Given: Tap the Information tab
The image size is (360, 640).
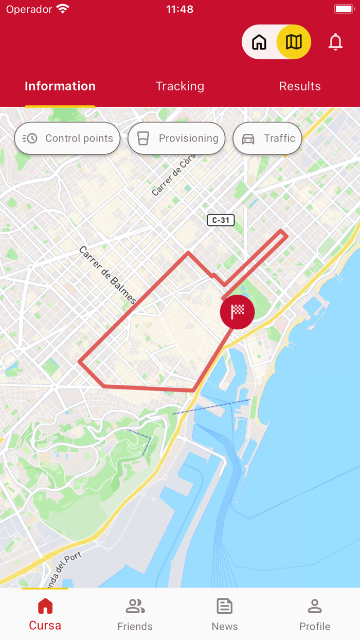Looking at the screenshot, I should (60, 86).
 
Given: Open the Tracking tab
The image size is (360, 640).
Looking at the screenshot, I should (180, 86).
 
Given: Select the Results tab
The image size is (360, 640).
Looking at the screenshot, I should (300, 86).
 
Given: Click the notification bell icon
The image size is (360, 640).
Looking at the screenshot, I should (335, 42).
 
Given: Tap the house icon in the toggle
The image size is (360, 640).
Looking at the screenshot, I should (259, 42).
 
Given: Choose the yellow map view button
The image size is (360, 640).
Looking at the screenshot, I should (294, 42).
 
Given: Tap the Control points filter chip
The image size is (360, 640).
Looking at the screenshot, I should (67, 138).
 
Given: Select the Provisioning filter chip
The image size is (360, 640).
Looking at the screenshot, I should (176, 138).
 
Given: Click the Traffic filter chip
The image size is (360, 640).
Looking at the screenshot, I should (267, 138).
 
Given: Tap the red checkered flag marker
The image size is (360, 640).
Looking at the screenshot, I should (237, 312).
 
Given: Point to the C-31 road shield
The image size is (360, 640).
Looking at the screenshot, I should (221, 220).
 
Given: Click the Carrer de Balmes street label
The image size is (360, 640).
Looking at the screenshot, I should (107, 275).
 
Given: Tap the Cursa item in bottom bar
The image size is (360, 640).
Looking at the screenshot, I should (45, 615).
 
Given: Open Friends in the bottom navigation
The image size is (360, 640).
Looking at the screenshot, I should (135, 615).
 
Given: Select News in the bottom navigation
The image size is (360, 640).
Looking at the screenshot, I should (225, 615).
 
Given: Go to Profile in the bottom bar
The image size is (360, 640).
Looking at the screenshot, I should (315, 615).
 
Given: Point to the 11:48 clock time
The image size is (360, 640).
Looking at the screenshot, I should (180, 9).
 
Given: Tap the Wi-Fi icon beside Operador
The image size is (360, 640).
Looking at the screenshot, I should (63, 9).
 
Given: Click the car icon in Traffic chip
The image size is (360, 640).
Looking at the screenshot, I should (248, 139).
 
